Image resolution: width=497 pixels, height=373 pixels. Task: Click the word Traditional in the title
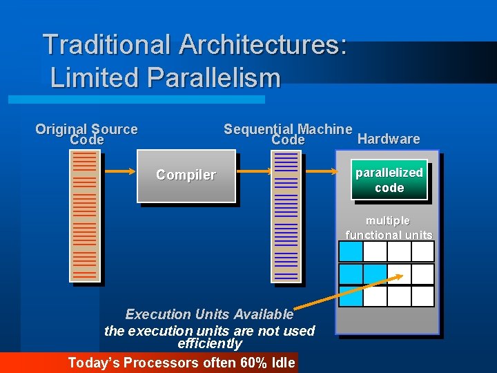(106, 45)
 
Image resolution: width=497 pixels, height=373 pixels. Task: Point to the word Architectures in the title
(262, 45)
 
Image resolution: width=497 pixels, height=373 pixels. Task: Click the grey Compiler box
(186, 176)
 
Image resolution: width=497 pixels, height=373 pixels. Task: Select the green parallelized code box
(389, 180)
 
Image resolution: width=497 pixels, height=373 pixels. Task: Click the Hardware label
(389, 139)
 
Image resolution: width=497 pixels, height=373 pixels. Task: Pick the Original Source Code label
(86, 134)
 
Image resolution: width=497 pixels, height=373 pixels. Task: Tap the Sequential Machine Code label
(288, 134)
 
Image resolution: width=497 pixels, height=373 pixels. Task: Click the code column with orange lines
(84, 216)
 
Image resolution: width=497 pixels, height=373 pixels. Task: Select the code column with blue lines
(286, 216)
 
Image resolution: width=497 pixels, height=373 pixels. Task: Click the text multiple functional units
(388, 228)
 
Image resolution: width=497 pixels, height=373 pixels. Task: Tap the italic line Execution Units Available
(209, 314)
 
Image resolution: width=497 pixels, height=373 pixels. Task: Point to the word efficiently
(210, 343)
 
